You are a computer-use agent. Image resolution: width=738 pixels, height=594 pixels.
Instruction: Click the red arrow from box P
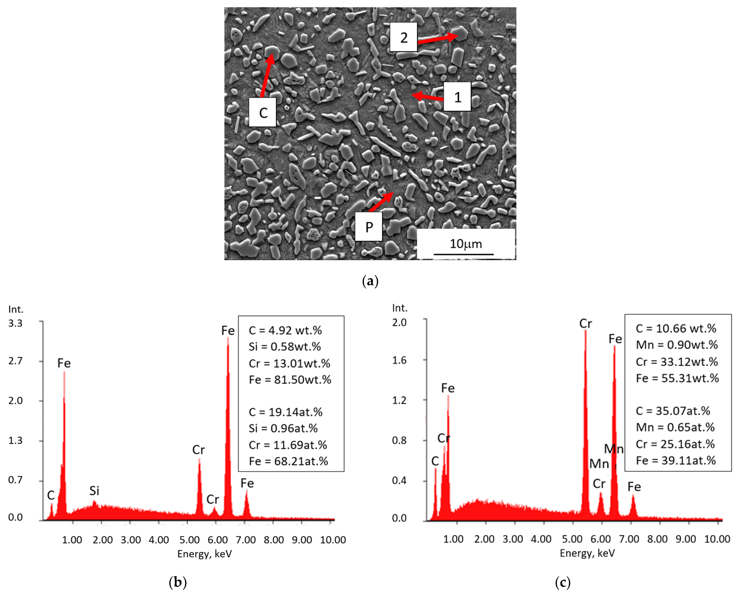[381, 202]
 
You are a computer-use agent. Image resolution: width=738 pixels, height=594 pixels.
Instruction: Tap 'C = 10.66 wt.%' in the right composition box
[676, 328]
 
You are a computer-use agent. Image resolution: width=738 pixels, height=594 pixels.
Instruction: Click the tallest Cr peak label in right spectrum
[585, 323]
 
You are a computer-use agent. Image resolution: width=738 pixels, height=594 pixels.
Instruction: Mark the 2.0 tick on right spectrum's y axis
[399, 322]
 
